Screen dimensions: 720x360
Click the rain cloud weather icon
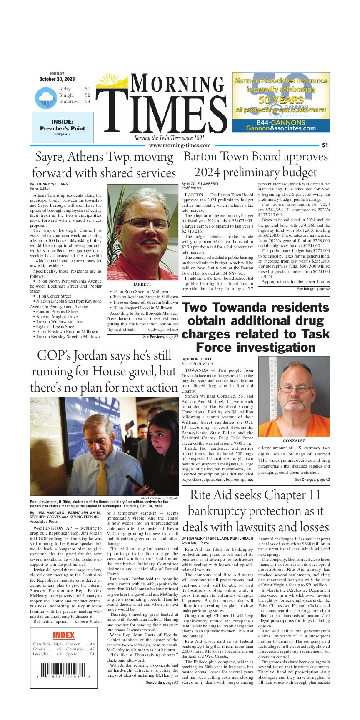45,98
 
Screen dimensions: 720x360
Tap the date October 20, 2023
57,79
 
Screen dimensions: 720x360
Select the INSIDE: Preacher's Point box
62,128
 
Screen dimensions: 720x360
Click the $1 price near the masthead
325,145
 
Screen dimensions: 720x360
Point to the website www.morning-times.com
180,145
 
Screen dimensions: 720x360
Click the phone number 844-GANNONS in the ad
281,122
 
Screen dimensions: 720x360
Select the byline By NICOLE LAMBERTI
200,183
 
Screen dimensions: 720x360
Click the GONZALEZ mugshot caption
294,440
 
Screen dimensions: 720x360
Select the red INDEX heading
64,635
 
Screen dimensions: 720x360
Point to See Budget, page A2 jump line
313,288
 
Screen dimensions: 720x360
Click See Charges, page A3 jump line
312,480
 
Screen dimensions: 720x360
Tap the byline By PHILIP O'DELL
197,359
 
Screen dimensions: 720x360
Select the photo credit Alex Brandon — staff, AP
159,498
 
